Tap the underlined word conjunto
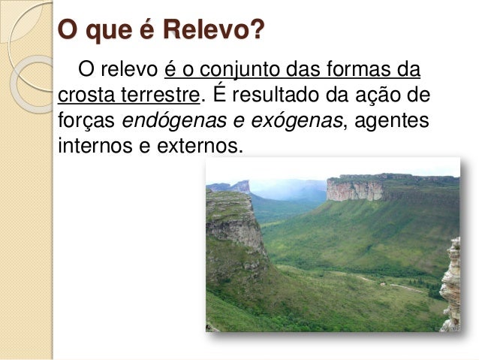pyautogui.click(x=246, y=72)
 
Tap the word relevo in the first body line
pyautogui.click(x=129, y=72)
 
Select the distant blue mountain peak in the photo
pyautogui.click(x=240, y=186)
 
